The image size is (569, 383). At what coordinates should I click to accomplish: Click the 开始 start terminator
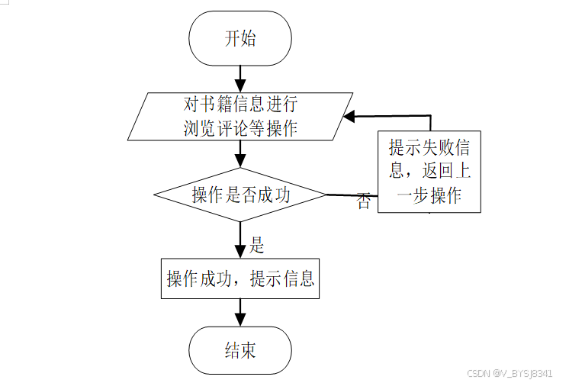239,38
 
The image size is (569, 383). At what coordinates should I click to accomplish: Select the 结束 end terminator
239,350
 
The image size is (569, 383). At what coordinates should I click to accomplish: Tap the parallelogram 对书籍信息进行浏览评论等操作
239,116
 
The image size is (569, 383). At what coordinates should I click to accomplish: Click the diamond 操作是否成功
239,195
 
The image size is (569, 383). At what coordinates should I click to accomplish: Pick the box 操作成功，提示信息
239,278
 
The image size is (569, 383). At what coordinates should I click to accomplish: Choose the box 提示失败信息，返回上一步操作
429,172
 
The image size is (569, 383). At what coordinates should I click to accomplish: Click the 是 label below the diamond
256,245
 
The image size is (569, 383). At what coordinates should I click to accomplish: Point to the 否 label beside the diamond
364,201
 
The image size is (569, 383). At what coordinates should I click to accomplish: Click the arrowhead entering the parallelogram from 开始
239,85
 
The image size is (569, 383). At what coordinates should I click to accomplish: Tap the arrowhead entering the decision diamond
239,161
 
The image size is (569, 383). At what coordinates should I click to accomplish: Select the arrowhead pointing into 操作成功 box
239,252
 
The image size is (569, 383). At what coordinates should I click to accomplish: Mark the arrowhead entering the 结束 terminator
239,320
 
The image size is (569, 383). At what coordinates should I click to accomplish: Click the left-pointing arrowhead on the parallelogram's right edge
349,117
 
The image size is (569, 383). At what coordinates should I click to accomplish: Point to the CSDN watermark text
510,373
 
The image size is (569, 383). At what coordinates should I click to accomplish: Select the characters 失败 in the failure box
437,147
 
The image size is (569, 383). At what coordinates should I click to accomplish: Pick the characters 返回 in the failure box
438,171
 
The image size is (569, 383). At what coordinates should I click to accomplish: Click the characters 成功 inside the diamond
274,195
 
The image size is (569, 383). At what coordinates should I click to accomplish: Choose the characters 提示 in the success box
266,278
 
